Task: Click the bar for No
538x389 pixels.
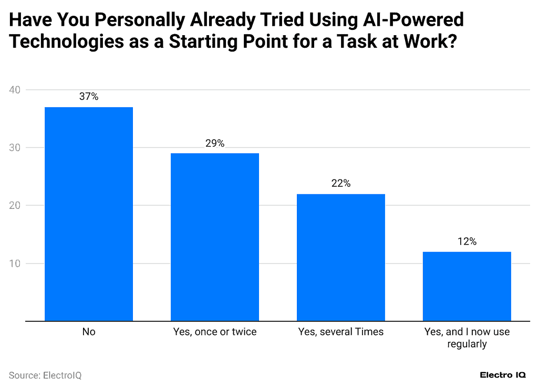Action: pyautogui.click(x=89, y=214)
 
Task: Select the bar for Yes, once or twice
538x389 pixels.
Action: pyautogui.click(x=215, y=237)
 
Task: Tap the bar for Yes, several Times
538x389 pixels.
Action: pyautogui.click(x=341, y=257)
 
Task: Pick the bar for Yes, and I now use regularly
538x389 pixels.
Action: pyautogui.click(x=467, y=286)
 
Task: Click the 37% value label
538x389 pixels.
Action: pyautogui.click(x=89, y=97)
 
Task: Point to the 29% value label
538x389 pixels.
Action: pyautogui.click(x=215, y=143)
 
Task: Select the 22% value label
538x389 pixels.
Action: pyautogui.click(x=341, y=183)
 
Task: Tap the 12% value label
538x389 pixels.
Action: pyautogui.click(x=467, y=241)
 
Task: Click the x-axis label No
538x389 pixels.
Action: pyautogui.click(x=89, y=332)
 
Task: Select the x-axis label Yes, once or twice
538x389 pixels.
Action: pyautogui.click(x=215, y=332)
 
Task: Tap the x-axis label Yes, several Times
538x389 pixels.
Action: pyautogui.click(x=341, y=332)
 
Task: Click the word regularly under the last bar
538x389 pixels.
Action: pyautogui.click(x=467, y=344)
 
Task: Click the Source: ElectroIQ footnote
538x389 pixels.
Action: pyautogui.click(x=45, y=375)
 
